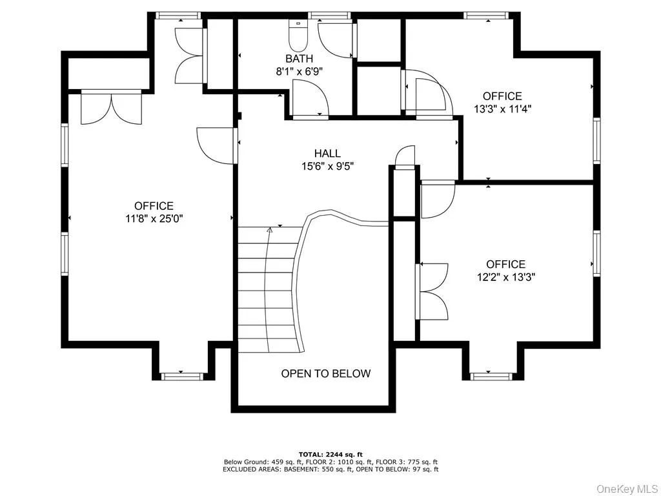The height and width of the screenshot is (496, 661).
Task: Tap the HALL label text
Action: (x=327, y=153)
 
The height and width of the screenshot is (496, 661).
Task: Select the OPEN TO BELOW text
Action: (x=326, y=373)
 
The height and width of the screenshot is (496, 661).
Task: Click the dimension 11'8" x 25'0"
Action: (x=154, y=218)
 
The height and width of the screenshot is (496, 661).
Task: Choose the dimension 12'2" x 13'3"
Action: (x=506, y=276)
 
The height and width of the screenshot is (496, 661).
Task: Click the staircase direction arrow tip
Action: (x=270, y=227)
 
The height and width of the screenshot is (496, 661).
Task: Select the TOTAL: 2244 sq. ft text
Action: (x=330, y=453)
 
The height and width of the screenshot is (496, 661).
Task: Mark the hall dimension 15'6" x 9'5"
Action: (x=327, y=165)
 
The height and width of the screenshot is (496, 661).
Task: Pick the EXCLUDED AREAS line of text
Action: (x=330, y=469)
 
